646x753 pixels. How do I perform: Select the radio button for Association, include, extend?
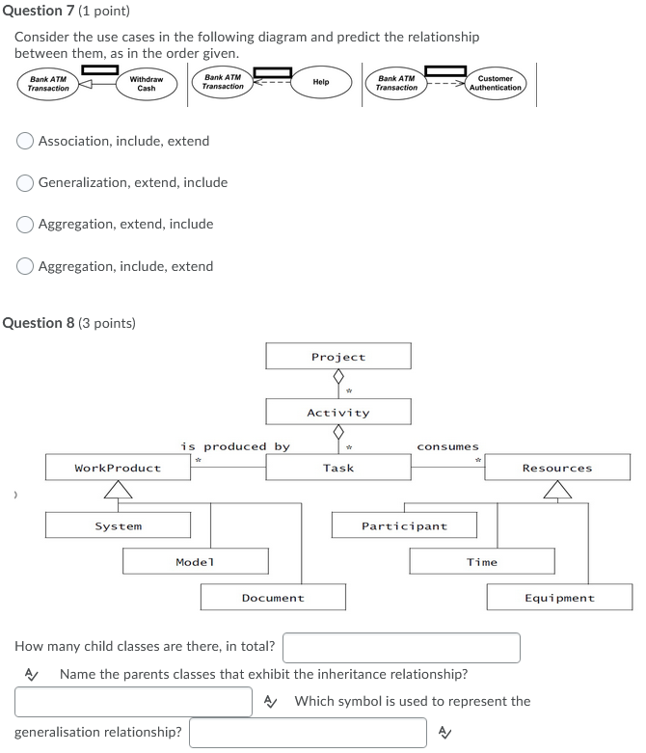[26, 141]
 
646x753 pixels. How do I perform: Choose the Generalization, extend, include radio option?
[26, 182]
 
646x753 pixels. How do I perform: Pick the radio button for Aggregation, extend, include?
[26, 224]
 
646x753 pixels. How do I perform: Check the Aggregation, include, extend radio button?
[26, 266]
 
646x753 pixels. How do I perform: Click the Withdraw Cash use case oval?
[146, 84]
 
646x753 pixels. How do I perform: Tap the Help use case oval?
[321, 83]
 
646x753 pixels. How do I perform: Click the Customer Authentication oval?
[496, 84]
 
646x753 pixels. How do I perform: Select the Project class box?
[338, 357]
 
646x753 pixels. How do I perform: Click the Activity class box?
[338, 413]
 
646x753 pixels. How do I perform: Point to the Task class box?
[338, 468]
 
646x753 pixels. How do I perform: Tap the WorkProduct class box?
[118, 468]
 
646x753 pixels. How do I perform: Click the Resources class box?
[557, 468]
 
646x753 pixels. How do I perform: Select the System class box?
[118, 525]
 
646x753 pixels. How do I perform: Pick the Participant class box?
[404, 525]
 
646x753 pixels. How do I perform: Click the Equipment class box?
[559, 598]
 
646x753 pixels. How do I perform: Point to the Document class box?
[273, 598]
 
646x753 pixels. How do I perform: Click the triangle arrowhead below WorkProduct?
[118, 490]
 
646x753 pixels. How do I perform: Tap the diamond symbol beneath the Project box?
[338, 377]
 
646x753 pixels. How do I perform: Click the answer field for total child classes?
[401, 647]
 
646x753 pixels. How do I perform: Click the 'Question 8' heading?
[69, 323]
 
